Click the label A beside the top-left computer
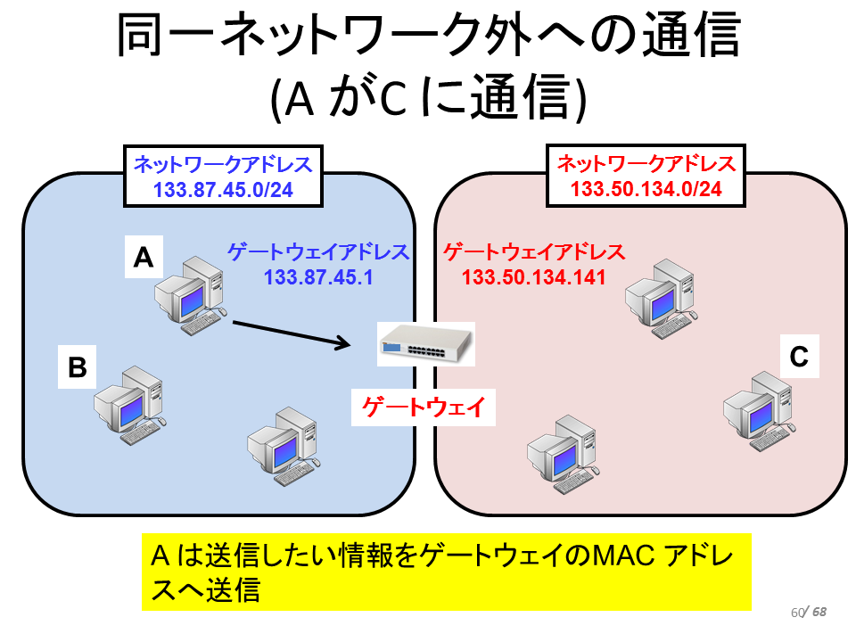point(144,257)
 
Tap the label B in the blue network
point(77,366)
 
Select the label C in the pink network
point(799,357)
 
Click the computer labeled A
point(190,295)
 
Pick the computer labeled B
point(130,405)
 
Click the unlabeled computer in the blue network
point(284,446)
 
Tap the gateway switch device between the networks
point(426,344)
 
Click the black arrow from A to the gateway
point(292,333)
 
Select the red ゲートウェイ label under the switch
point(424,407)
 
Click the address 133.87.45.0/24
point(223,190)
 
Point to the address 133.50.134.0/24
point(646,189)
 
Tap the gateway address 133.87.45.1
point(319,277)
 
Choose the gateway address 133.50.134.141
point(534,277)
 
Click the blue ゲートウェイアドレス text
point(319,252)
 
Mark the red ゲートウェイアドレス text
point(534,252)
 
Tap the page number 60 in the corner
point(797,613)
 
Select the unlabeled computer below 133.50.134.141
point(662,299)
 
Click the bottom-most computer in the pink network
point(564,454)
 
